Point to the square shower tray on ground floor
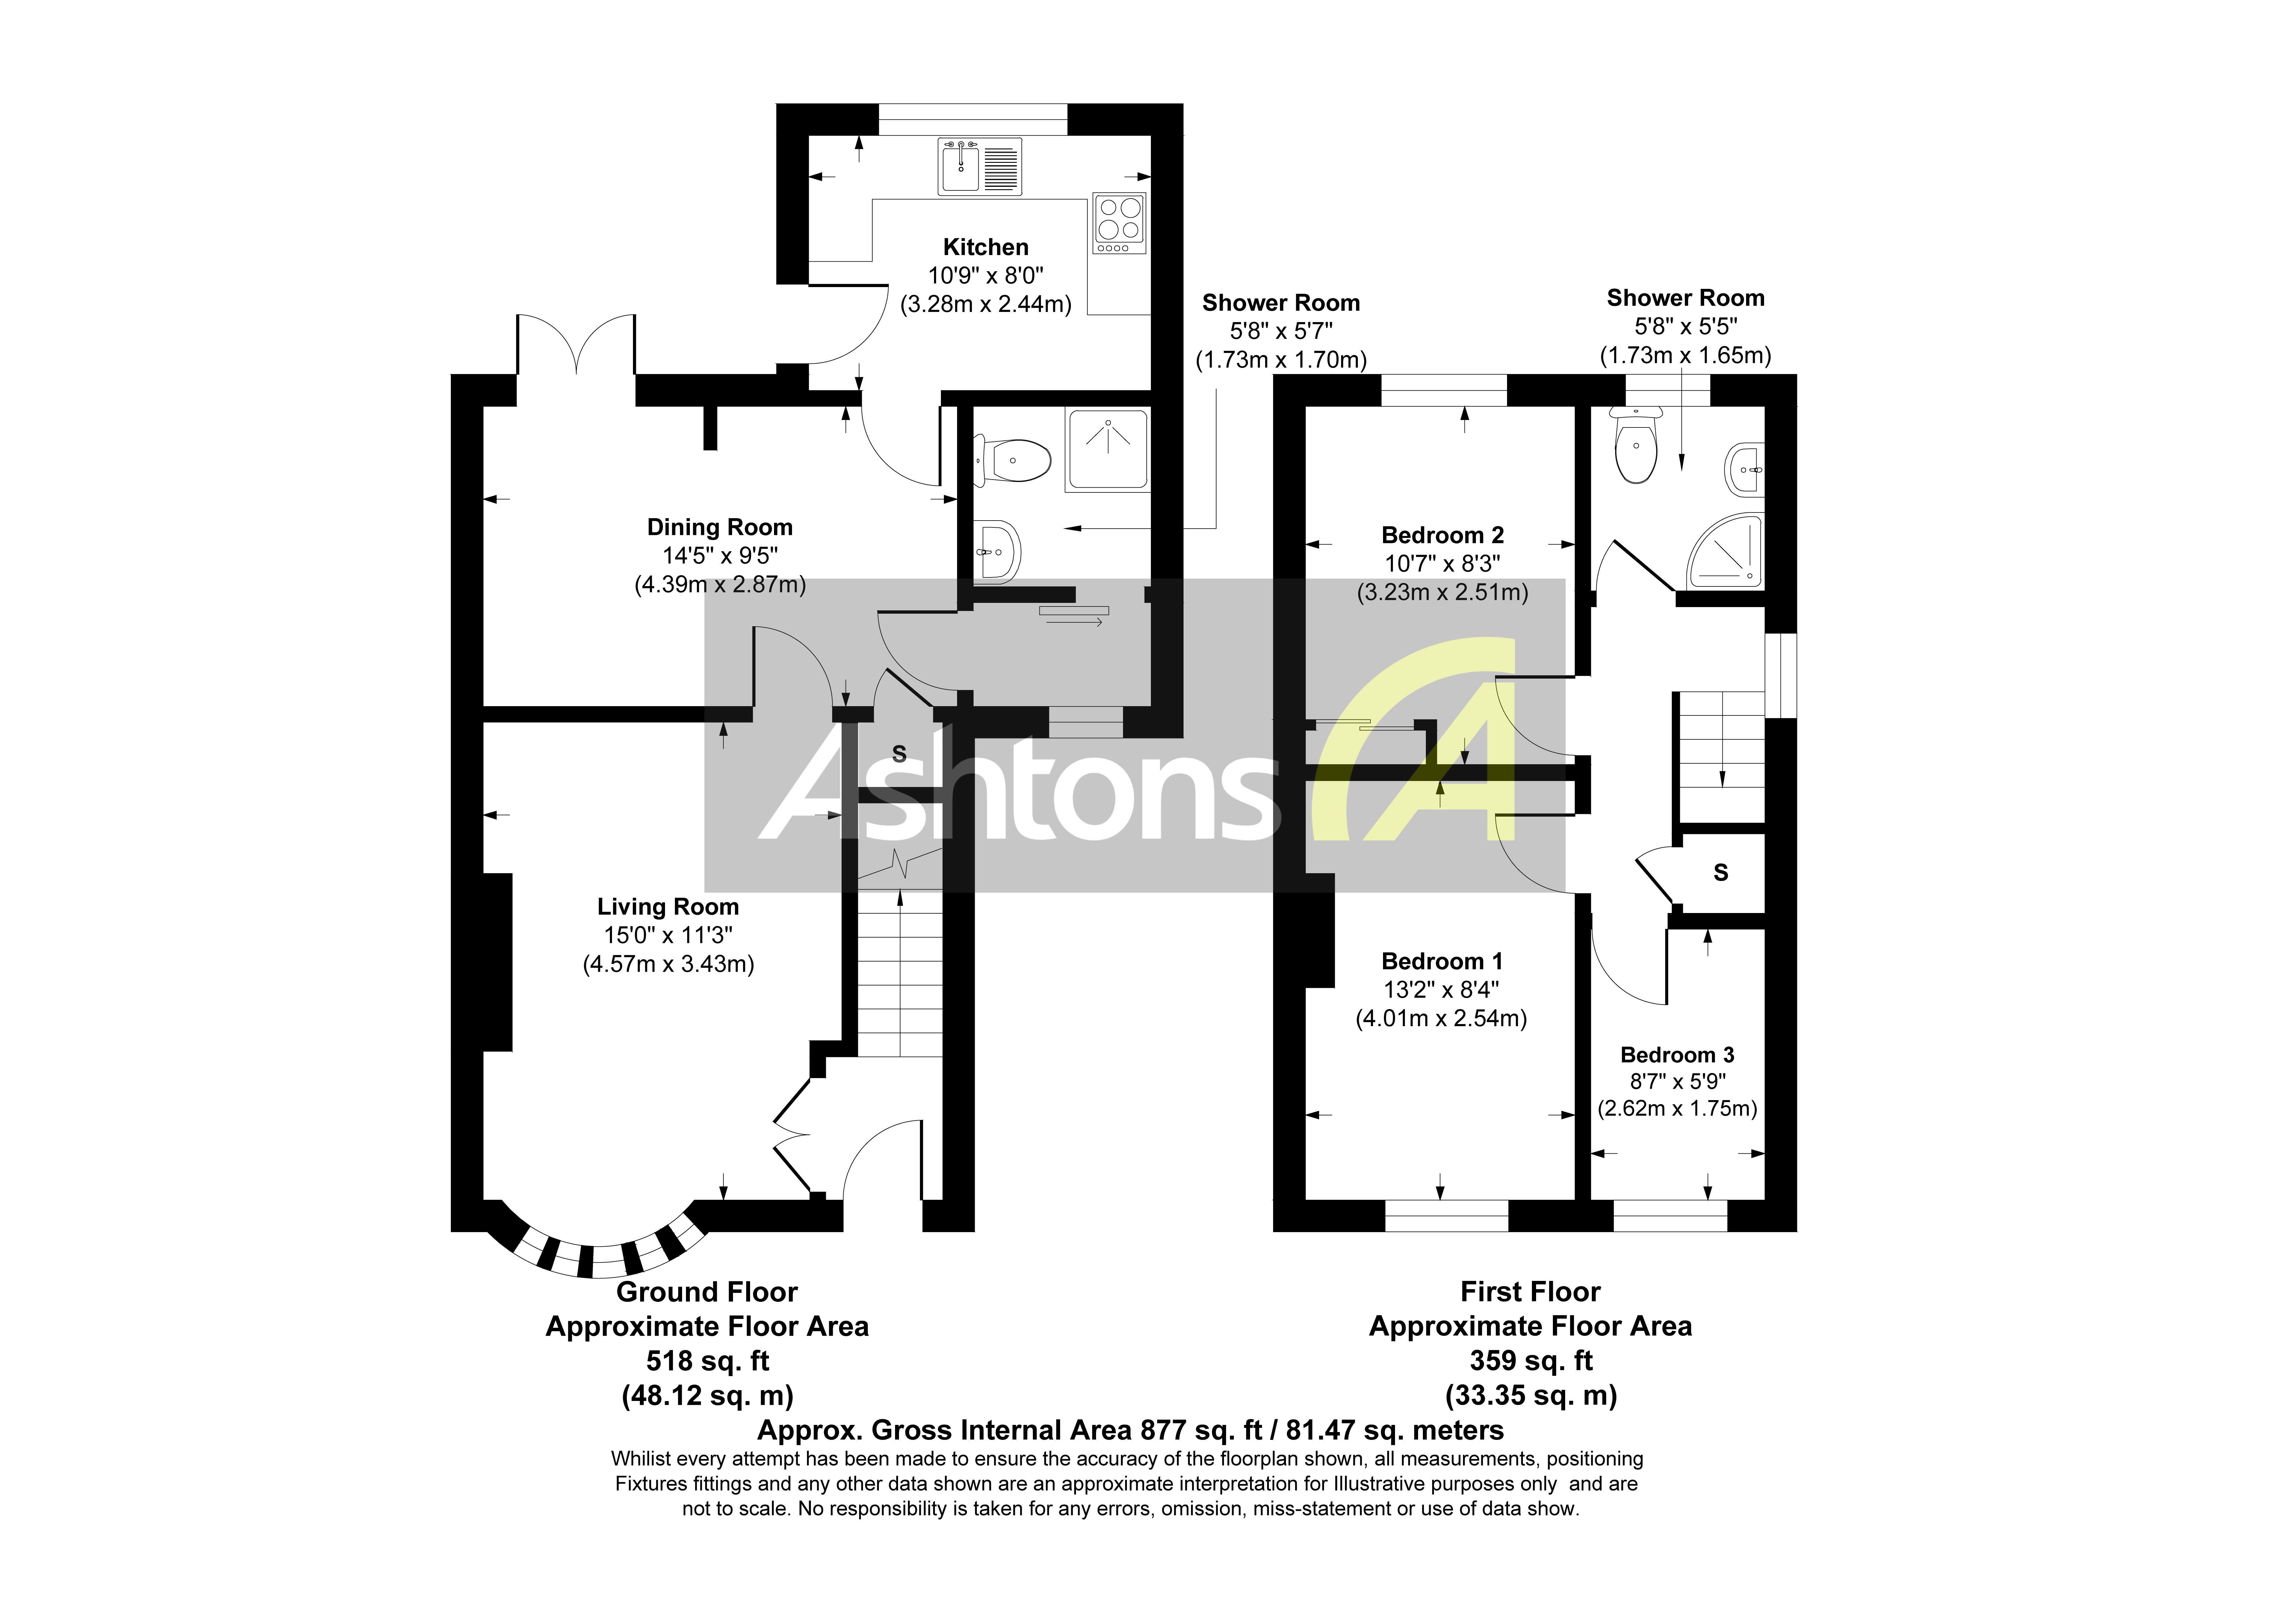(1107, 450)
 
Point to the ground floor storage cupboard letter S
(899, 754)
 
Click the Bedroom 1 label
(1441, 961)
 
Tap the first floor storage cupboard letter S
(1720, 873)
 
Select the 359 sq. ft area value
(1530, 1361)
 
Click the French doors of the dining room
(575, 346)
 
